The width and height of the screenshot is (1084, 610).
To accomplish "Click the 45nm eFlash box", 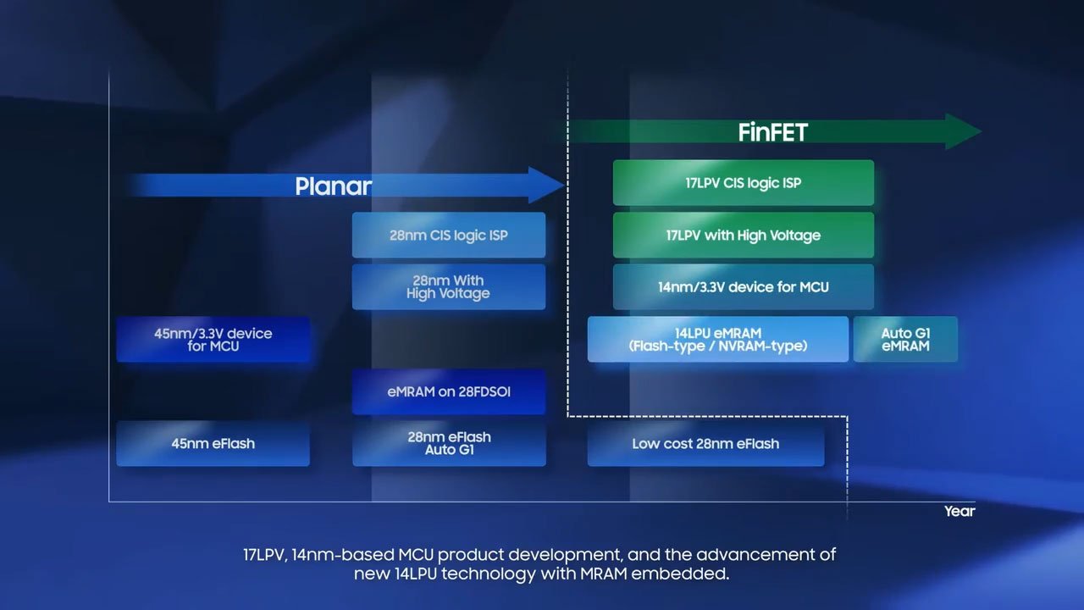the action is pos(213,443).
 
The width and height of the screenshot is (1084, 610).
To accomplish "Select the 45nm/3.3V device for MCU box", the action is pos(213,340).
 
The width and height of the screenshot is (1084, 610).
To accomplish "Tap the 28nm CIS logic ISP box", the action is pos(449,235).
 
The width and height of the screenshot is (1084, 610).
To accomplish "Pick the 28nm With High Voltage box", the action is pos(449,287).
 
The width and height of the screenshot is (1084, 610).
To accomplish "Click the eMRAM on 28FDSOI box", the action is pos(449,391).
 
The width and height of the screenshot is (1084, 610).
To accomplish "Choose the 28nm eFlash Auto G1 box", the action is pos(449,443).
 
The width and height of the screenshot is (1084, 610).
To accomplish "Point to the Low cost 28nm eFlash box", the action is pos(706,443).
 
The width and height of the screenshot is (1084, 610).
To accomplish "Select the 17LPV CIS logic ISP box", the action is pos(744,182).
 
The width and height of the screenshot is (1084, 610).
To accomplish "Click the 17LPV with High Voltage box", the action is pos(744,235).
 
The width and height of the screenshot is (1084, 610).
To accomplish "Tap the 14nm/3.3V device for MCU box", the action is pos(744,287).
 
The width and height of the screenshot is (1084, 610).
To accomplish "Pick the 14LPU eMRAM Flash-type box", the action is pos(718,340).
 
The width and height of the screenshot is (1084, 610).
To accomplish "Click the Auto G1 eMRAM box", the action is pos(905,340).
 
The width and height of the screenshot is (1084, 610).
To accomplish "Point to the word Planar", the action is pos(334,186).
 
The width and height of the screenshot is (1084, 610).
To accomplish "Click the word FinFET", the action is pos(773,132).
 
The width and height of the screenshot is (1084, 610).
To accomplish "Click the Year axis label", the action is pos(960,511).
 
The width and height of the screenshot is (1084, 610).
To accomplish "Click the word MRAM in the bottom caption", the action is pos(604,574).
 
